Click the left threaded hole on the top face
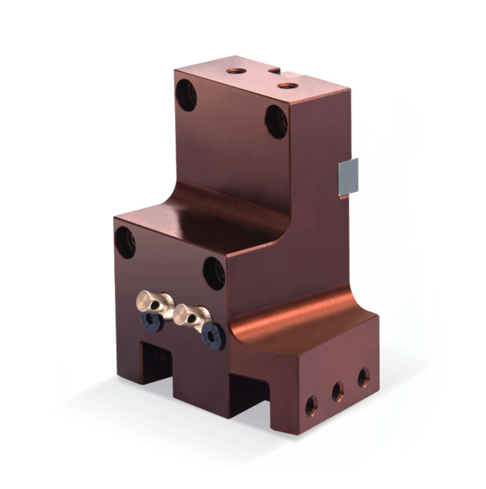[x=234, y=71]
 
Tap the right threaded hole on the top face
[x=286, y=85]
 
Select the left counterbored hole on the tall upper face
[x=187, y=96]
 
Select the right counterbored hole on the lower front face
[x=214, y=272]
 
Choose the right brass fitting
[x=191, y=314]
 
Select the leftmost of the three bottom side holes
[x=311, y=405]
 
